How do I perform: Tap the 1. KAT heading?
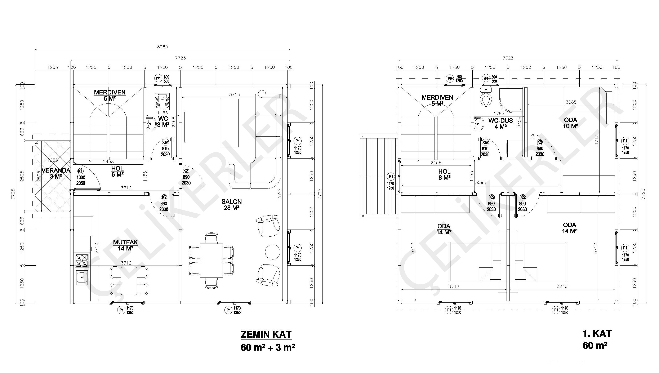(597, 334)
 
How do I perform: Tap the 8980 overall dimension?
(162, 47)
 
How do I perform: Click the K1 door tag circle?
(80, 171)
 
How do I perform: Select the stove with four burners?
(82, 260)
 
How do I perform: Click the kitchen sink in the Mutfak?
(82, 277)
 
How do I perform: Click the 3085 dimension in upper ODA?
(571, 102)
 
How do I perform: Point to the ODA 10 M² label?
(570, 123)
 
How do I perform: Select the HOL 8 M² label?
(444, 174)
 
